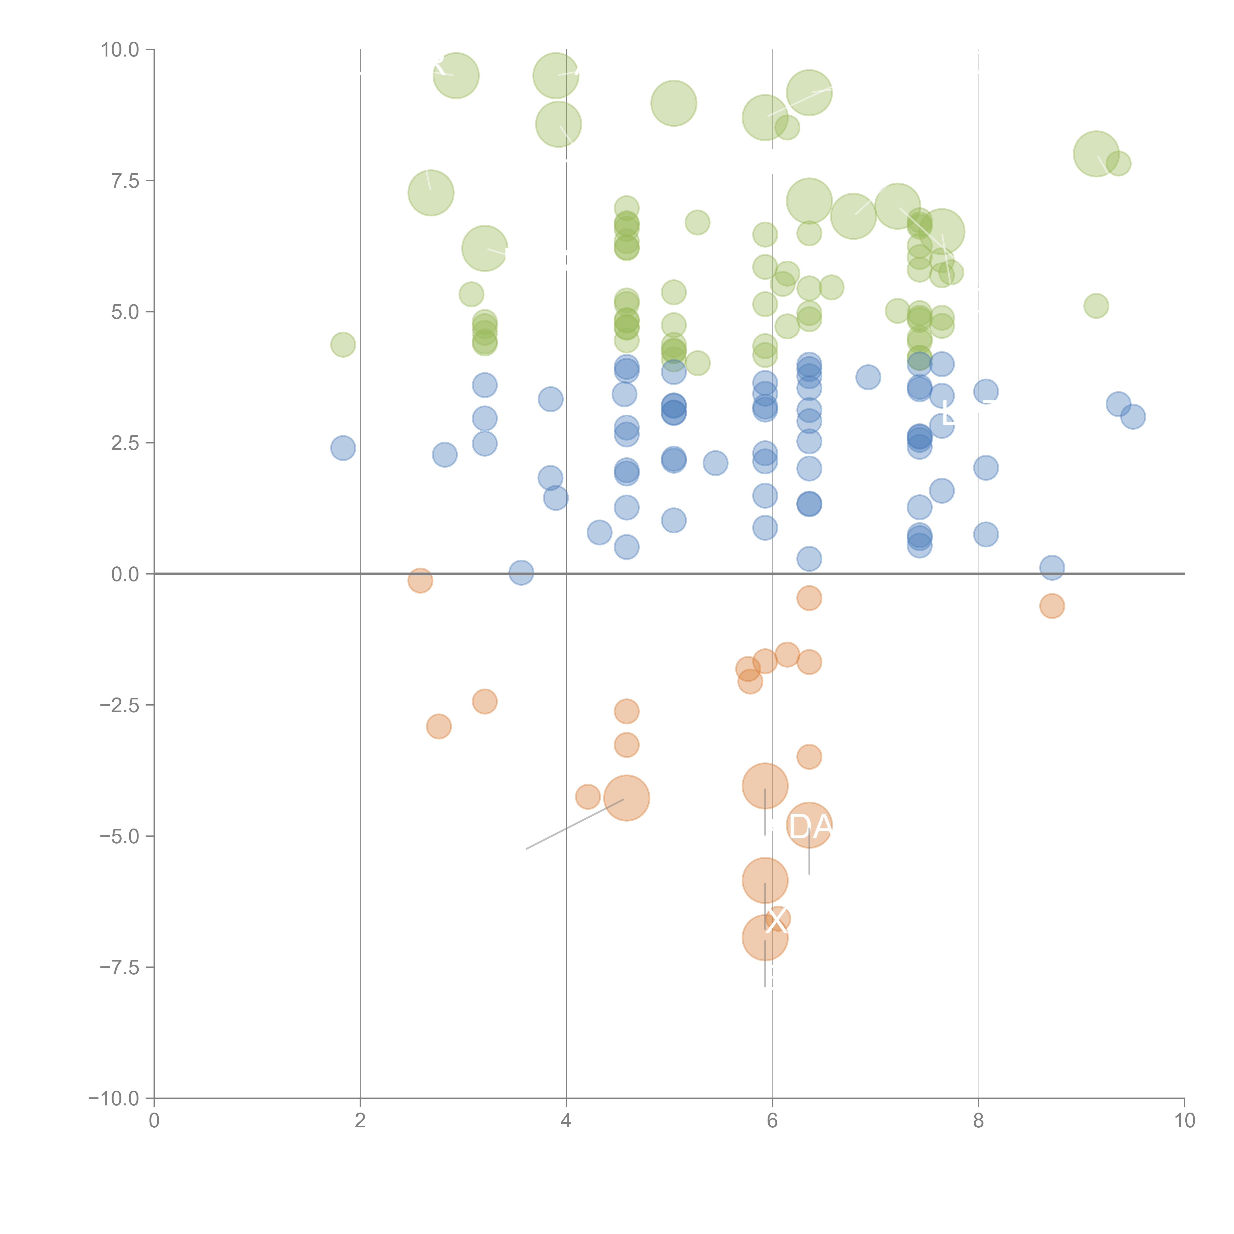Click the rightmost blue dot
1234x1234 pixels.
(1133, 416)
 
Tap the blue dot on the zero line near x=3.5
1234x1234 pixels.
(521, 572)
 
